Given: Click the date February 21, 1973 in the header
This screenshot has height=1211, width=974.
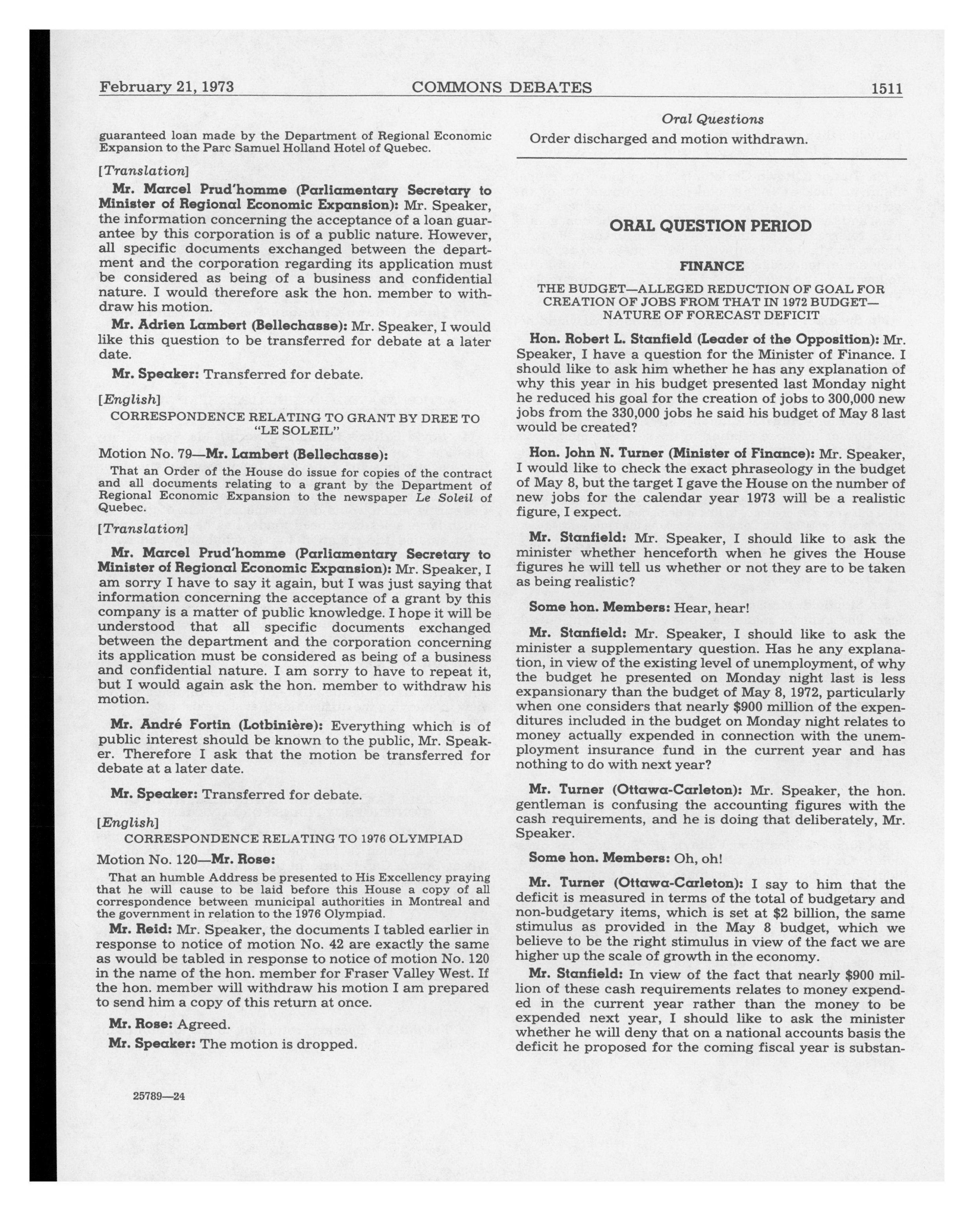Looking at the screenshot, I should [x=166, y=87].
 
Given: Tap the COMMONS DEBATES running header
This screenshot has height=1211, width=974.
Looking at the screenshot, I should [x=501, y=88].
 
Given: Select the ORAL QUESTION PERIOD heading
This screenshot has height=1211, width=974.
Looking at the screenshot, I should [x=710, y=226].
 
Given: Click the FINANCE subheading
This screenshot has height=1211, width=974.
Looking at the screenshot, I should [x=711, y=266].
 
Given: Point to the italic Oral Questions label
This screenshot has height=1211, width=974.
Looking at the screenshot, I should [x=712, y=119].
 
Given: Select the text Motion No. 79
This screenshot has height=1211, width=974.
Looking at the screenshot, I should [x=147, y=453].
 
